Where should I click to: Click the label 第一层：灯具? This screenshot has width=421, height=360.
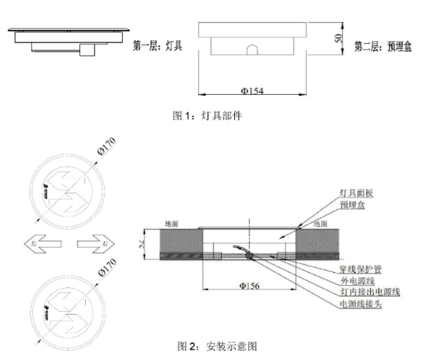tap(158, 47)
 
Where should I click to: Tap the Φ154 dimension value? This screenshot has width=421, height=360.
tap(252, 90)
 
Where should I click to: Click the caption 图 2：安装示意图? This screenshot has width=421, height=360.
tap(224, 346)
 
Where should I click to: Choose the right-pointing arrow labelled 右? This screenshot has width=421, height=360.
tap(95, 244)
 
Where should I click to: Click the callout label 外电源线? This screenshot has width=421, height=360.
tap(355, 280)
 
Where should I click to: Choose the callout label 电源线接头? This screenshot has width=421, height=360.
tap(360, 304)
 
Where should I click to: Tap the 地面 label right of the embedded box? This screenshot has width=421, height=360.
tap(320, 224)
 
